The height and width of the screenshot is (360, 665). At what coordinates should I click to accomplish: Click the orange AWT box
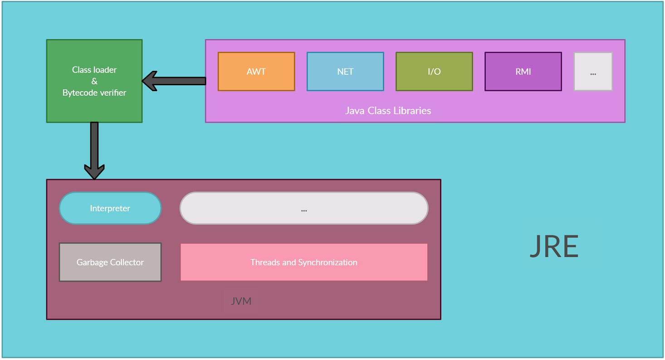point(256,72)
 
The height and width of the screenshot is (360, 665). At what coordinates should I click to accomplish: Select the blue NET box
point(345,72)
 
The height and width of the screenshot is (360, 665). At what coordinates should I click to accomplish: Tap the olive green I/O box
point(434,72)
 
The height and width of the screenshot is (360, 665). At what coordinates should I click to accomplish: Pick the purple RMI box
point(523,72)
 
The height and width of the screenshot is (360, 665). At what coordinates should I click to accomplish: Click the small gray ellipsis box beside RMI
point(593,72)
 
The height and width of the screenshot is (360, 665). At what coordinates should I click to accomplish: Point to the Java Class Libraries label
point(388,110)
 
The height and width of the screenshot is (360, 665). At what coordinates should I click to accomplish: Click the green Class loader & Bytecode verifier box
point(94,81)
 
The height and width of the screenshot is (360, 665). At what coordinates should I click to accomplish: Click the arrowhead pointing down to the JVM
point(94,171)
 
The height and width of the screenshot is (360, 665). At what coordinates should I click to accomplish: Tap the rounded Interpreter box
point(110,208)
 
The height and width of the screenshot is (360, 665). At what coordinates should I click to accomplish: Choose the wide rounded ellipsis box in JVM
point(304,208)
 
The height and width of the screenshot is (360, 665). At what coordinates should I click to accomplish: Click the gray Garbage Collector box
point(110,262)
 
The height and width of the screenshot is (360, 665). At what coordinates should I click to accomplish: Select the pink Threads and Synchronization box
point(304,262)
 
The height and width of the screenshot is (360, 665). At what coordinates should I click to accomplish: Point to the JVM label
point(241,301)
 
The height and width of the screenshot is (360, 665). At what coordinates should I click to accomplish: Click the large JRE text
point(554,247)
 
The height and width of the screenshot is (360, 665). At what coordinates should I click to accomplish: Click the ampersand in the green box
point(94,81)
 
